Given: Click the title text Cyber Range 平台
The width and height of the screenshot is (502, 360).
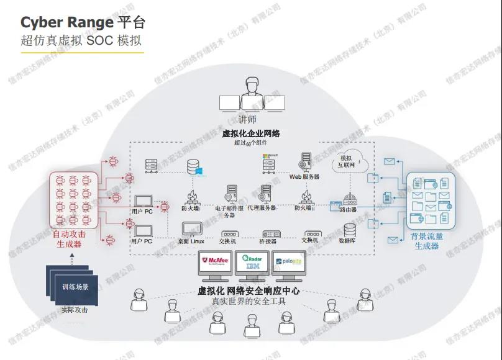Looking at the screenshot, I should tap(83, 23).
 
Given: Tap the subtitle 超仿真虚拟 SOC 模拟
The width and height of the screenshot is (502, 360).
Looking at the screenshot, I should tap(81, 41).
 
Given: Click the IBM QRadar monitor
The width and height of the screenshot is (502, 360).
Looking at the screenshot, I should tap(250, 264).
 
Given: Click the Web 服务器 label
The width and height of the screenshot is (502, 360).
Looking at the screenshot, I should tap(304, 177).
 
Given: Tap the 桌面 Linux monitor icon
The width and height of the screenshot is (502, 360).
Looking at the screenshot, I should tap(190, 230).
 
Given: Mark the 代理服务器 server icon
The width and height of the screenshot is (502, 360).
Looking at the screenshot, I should tap(266, 193).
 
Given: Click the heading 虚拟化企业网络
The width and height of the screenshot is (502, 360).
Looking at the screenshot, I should tap(251, 133).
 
